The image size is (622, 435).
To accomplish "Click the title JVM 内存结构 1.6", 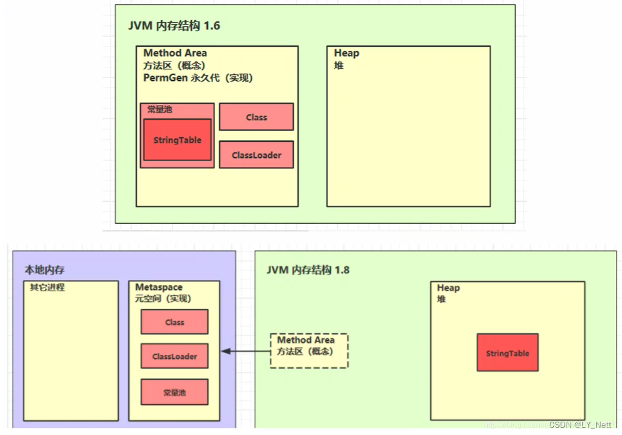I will [174, 26].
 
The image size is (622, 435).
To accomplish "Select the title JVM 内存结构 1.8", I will [308, 270].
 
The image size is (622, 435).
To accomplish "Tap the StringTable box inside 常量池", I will [177, 140].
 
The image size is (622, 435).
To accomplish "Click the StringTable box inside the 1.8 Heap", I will [507, 353].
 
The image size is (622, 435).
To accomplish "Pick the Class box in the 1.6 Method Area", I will [256, 117].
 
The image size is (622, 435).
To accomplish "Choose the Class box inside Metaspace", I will [174, 322].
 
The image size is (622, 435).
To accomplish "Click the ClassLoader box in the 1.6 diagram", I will [256, 155].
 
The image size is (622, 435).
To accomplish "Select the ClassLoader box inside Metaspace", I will [174, 356].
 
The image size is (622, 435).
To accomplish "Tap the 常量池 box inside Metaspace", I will [174, 392].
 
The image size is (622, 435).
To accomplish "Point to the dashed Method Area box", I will [309, 351].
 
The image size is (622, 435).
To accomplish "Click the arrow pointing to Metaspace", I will [245, 351].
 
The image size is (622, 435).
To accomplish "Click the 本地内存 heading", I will [45, 270].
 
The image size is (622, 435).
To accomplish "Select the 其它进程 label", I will [47, 287].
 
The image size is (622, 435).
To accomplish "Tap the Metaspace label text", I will [158, 287].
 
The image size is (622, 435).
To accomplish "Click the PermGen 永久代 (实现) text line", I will [198, 78].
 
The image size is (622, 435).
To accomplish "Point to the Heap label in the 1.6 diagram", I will [346, 53].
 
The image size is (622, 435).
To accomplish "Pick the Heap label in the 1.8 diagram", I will [448, 288].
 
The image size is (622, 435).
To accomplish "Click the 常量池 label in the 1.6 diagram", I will [160, 110].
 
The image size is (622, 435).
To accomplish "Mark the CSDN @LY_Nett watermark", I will [579, 424].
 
